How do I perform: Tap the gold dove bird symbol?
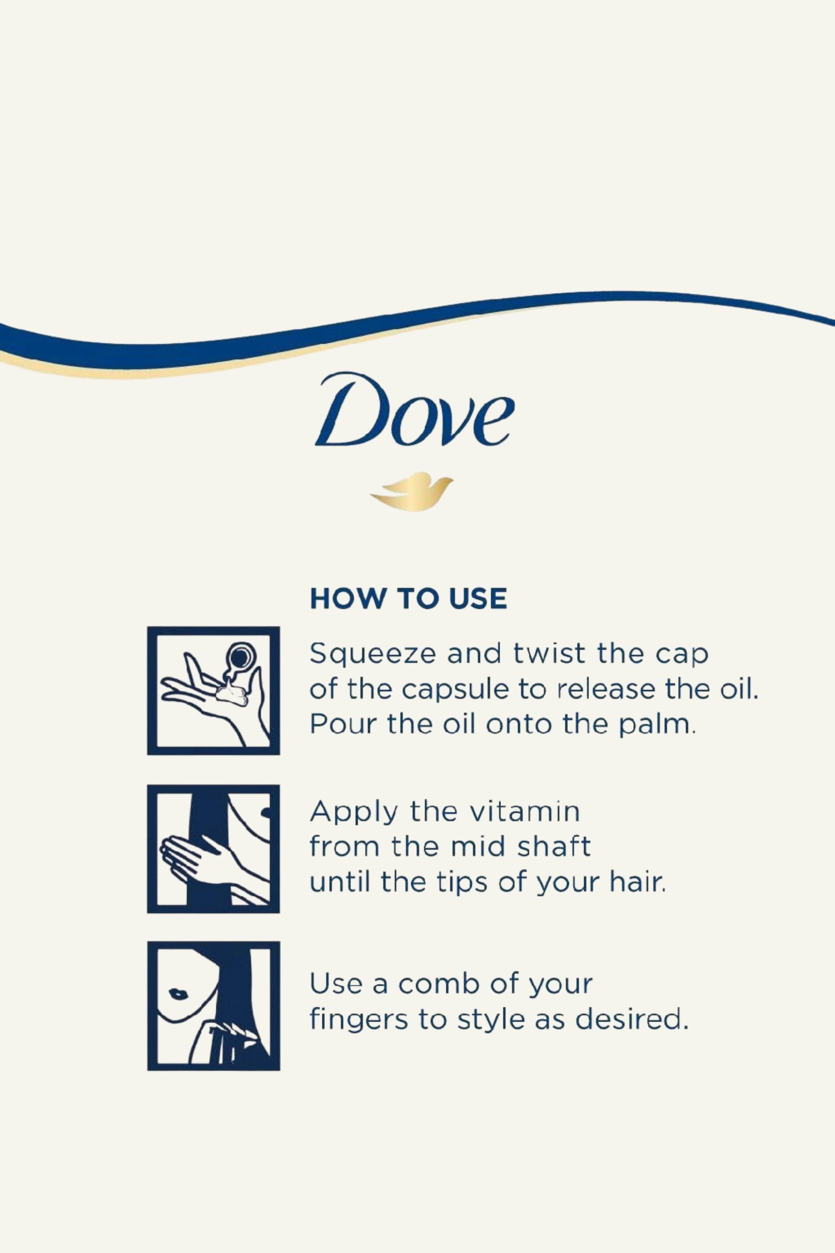coord(411,491)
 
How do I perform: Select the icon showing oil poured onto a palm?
coord(213,690)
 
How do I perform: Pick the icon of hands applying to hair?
coord(213,849)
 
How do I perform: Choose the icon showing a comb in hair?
coord(213,1006)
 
